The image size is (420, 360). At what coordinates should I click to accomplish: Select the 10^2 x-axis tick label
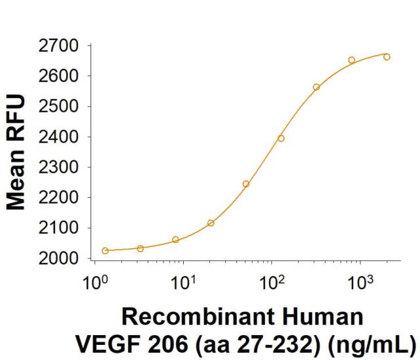point(272,284)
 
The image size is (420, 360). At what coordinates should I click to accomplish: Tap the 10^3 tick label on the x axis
point(359,284)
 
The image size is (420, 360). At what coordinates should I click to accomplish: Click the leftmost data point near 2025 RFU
point(106,250)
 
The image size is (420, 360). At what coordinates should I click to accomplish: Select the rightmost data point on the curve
point(387,56)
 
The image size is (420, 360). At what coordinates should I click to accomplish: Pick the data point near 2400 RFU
point(281,138)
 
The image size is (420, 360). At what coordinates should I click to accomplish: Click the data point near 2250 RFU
point(246,184)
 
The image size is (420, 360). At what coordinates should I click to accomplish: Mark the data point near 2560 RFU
point(316,87)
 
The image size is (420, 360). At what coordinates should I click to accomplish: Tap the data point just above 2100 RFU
point(211,223)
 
